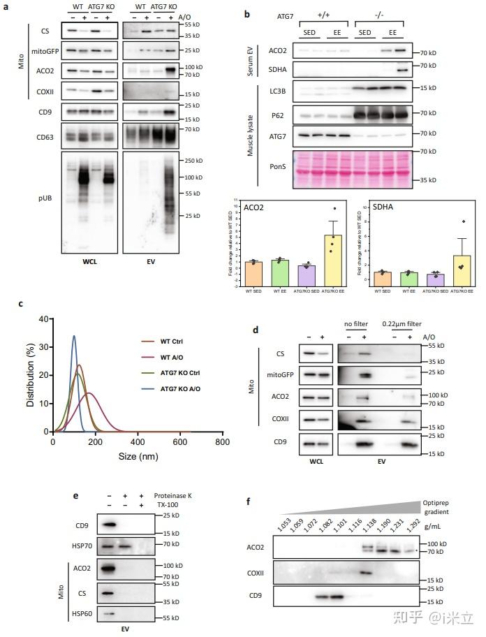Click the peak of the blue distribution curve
[74, 336]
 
